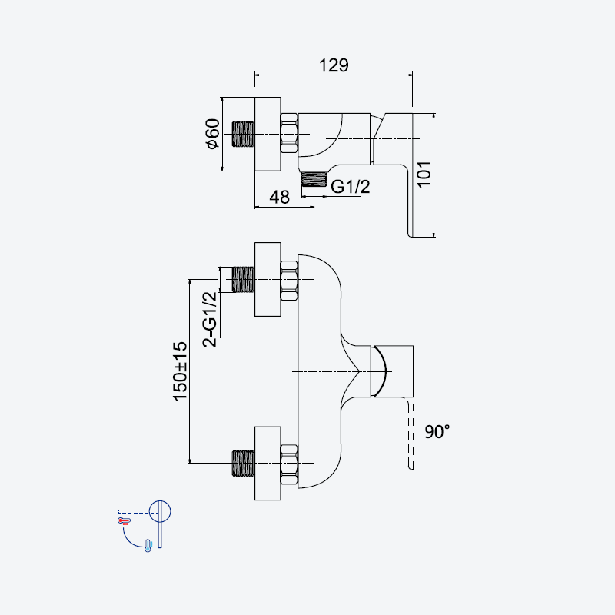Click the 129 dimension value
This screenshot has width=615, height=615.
pyautogui.click(x=334, y=65)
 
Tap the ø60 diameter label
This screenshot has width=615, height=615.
pyautogui.click(x=213, y=133)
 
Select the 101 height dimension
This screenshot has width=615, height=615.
pyautogui.click(x=424, y=175)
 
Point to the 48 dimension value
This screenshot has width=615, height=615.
pyautogui.click(x=279, y=197)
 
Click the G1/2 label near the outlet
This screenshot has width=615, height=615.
pyautogui.click(x=351, y=187)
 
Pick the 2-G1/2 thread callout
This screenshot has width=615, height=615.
pyautogui.click(x=209, y=319)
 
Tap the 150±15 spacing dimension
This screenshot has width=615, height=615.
pyautogui.click(x=180, y=371)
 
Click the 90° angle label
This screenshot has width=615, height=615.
pyautogui.click(x=437, y=432)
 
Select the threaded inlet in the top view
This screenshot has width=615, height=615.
pyautogui.click(x=243, y=134)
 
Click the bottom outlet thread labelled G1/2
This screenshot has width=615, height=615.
pyautogui.click(x=314, y=178)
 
